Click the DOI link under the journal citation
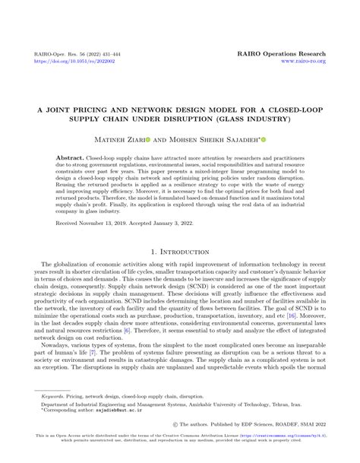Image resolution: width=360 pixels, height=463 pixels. click(68, 63)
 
